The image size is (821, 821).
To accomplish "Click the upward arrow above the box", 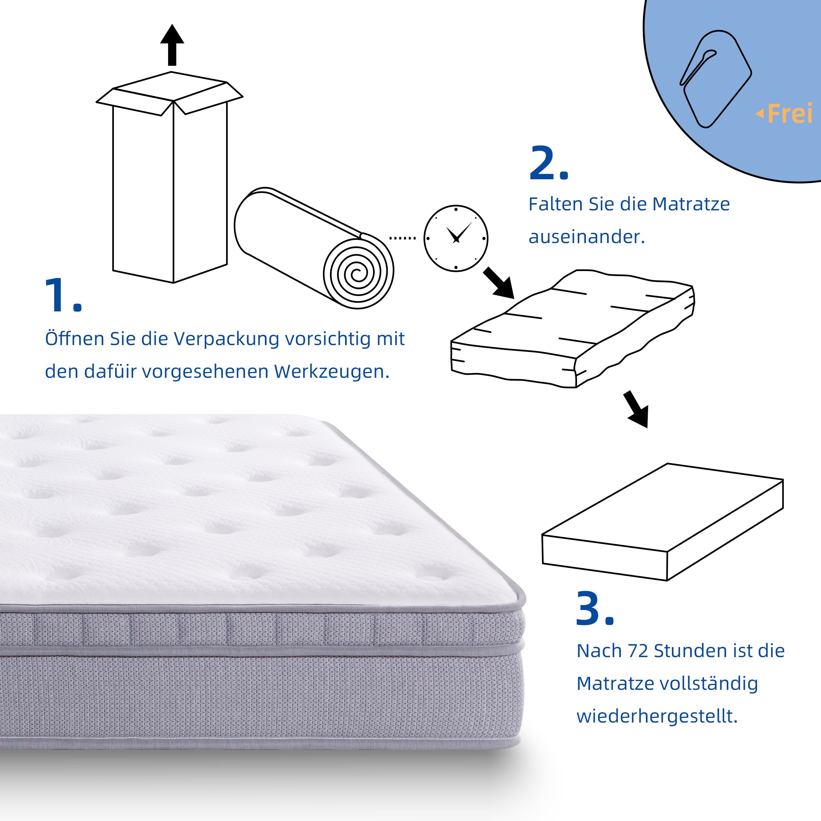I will point(172,45).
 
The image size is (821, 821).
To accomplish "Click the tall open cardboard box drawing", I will point(170,183).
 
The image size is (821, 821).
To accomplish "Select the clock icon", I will point(455,238).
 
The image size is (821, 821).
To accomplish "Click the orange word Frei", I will point(790,114).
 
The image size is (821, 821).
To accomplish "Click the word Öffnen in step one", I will point(75,339).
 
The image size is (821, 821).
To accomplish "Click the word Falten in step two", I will point(555,204).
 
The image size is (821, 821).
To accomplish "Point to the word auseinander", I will point(587,237).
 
